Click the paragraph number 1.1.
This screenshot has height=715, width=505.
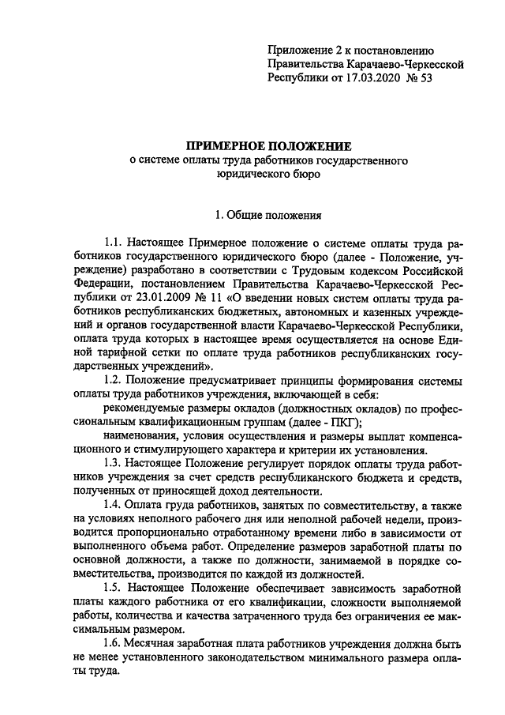point(114,245)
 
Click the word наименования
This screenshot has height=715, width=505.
point(140,437)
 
